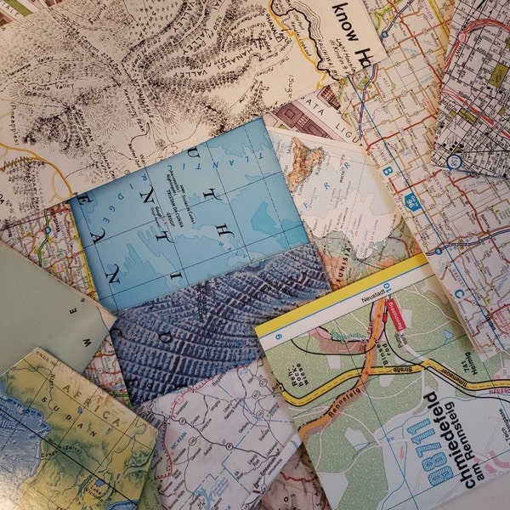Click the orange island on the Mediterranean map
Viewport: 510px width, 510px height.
[x=304, y=166]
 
